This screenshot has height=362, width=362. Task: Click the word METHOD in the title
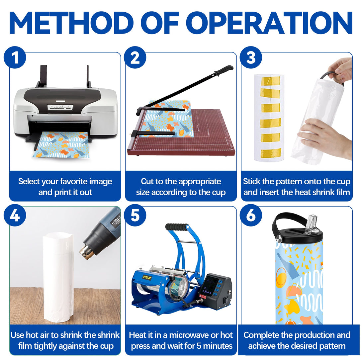(71, 23)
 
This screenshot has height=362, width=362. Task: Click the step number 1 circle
(15, 57)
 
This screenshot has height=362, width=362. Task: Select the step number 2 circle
(135, 57)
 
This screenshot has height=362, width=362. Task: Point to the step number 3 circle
(251, 57)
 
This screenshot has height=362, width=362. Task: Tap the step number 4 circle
(15, 216)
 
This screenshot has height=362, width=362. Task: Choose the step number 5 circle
(135, 216)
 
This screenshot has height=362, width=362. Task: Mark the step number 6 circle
(251, 216)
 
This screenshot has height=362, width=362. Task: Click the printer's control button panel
(60, 107)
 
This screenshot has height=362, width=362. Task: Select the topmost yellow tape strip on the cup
(270, 81)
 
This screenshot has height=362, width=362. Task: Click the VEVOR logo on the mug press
(147, 277)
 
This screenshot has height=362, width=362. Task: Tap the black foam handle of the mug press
(177, 227)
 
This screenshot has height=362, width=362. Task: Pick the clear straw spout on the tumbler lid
(311, 224)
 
